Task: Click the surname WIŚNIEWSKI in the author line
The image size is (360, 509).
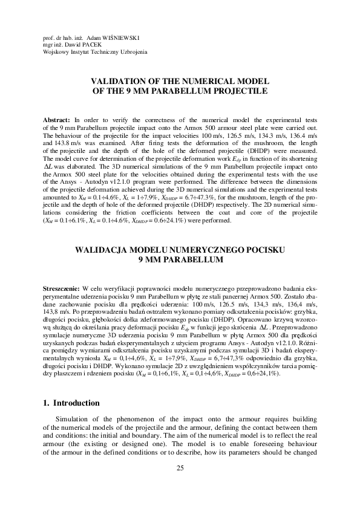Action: pyautogui.click(x=123, y=37)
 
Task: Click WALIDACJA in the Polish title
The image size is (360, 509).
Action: pyautogui.click(x=101, y=248)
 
